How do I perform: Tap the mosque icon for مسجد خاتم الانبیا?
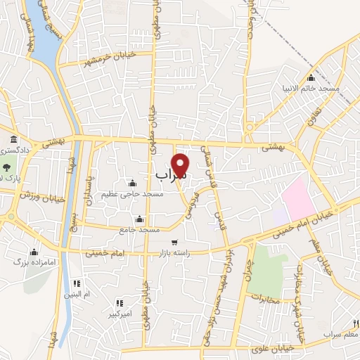[311, 77]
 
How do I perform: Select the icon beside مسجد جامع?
[139, 218]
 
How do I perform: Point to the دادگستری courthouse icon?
[13, 139]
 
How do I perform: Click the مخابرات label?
[264, 300]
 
